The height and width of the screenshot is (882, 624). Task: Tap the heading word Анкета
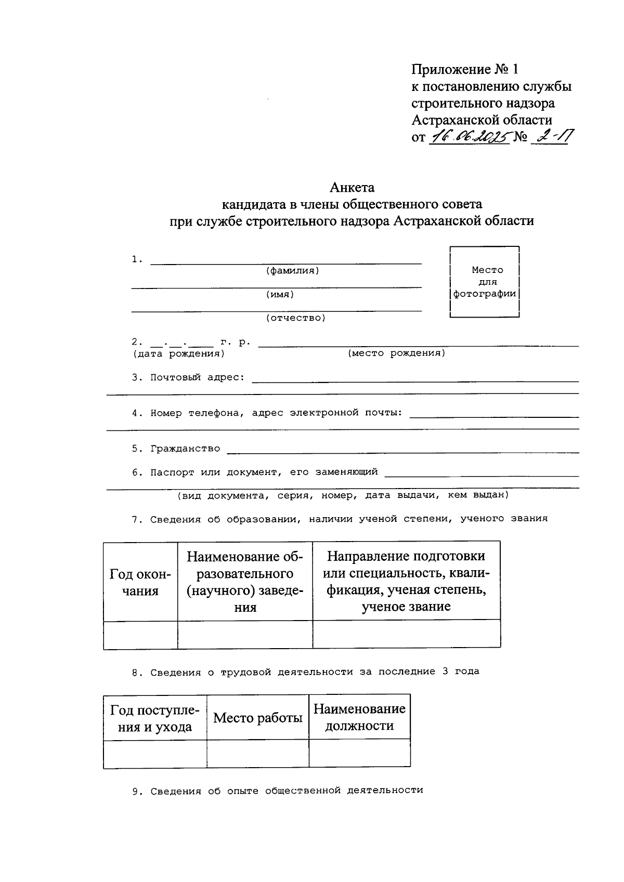(x=352, y=187)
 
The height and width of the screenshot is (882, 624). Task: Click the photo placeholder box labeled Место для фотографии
(x=485, y=282)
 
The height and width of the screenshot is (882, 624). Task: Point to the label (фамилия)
(x=292, y=271)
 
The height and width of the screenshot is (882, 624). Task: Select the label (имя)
(x=280, y=295)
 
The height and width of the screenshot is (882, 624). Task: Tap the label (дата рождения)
(x=178, y=354)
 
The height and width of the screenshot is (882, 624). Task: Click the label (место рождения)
(x=396, y=353)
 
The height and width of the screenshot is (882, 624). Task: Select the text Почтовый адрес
(x=197, y=377)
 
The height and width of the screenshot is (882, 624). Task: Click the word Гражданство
(x=185, y=449)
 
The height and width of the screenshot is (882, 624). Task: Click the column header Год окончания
(x=140, y=582)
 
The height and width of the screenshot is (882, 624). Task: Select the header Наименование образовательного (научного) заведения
(x=245, y=582)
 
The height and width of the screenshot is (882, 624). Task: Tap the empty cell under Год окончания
(x=140, y=635)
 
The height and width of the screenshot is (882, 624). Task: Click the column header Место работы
(x=258, y=718)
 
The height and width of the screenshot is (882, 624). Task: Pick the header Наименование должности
(x=359, y=717)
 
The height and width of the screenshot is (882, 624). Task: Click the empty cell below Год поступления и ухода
(x=155, y=754)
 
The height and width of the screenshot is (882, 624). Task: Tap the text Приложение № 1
(x=465, y=70)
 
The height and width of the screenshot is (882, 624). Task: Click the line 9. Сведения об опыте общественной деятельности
(x=278, y=791)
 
